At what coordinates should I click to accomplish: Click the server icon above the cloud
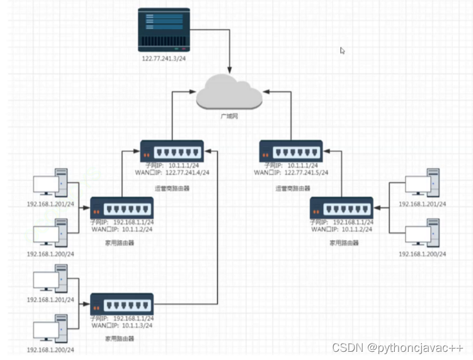pyautogui.click(x=164, y=30)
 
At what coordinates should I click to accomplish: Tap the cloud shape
pyautogui.click(x=229, y=93)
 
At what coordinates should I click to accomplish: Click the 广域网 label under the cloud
pyautogui.click(x=229, y=117)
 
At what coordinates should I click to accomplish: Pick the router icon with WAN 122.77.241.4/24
pyautogui.click(x=171, y=152)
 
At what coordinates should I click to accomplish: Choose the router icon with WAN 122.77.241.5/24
pyautogui.click(x=290, y=152)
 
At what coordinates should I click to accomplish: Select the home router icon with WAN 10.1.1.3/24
pyautogui.click(x=122, y=305)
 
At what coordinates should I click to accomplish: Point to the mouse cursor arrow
pyautogui.click(x=343, y=50)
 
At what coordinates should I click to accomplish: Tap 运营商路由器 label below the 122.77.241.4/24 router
pyautogui.click(x=171, y=188)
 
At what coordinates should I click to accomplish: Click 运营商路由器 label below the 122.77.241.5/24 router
pyautogui.click(x=292, y=188)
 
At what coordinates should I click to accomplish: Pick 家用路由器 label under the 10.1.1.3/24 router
pyautogui.click(x=120, y=339)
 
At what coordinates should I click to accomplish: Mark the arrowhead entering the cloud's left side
pyautogui.click(x=193, y=93)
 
